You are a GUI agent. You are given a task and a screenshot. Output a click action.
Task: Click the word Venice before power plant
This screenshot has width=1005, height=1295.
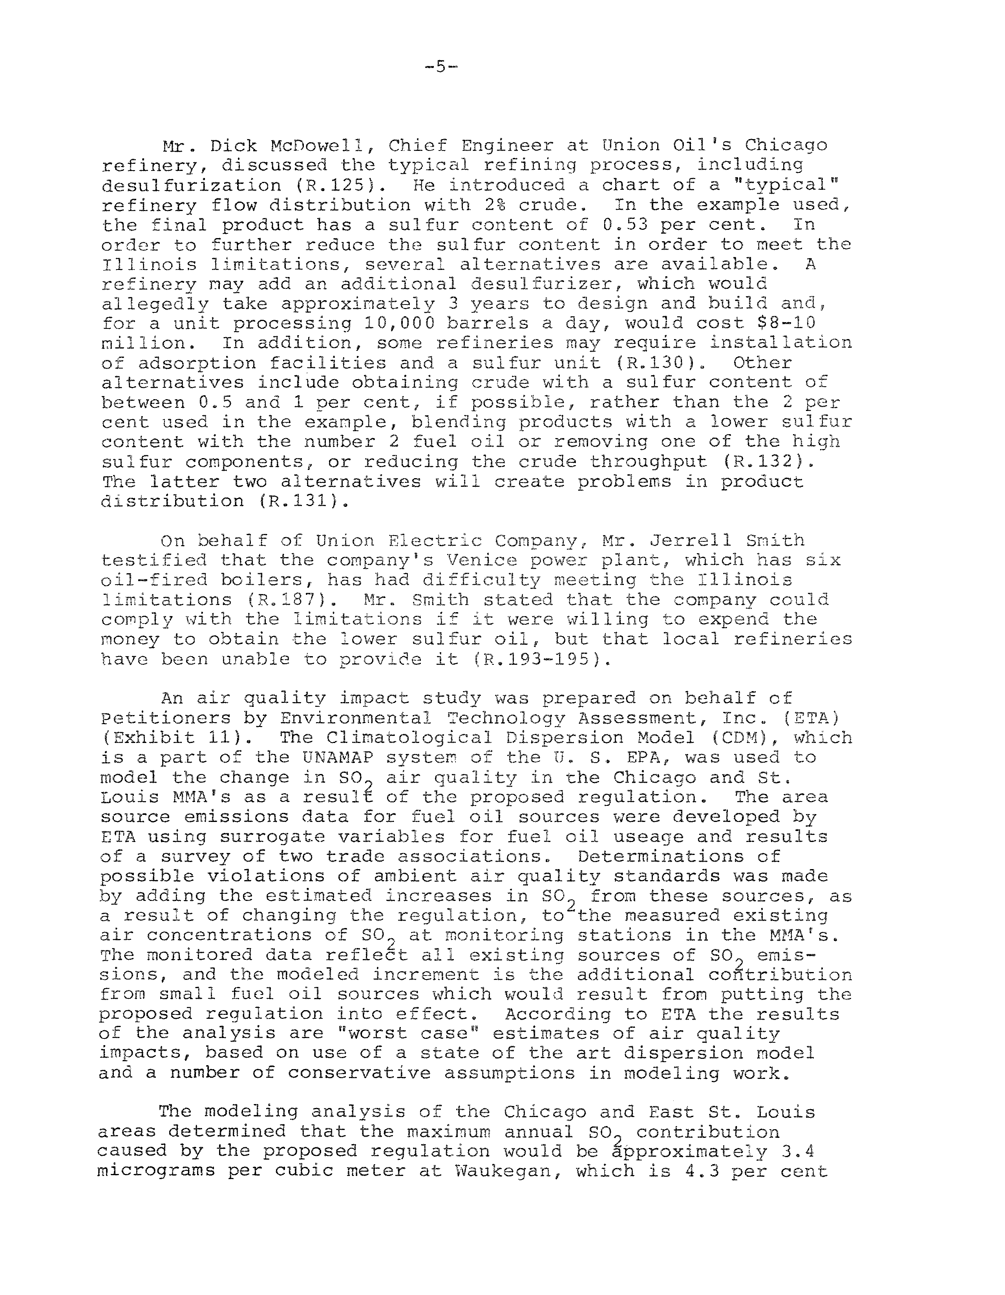point(482,560)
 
